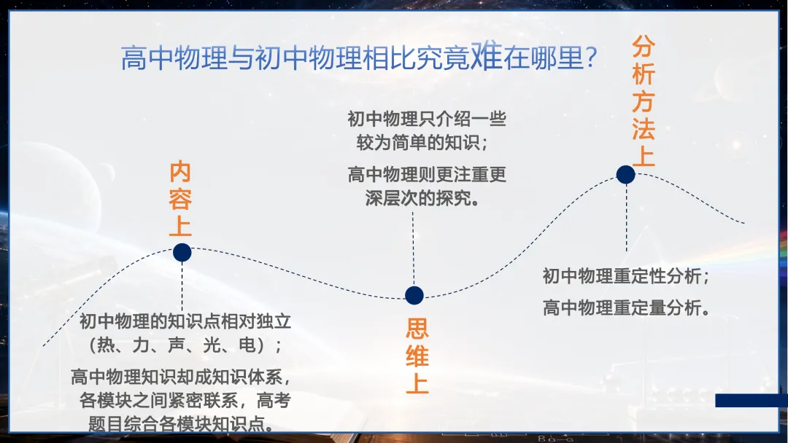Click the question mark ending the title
coord(591,57)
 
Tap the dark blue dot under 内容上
coord(182,252)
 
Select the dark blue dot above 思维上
coord(414,296)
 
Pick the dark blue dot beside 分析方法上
coord(626,175)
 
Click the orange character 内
coord(180,172)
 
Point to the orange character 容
coord(180,199)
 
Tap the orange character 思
coord(417,329)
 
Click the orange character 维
coord(417,356)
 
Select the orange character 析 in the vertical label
coord(644,74)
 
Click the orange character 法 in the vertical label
coord(644,128)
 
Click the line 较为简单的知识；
coord(422,143)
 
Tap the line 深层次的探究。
coord(422,198)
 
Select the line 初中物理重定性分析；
coord(626,276)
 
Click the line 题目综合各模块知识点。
coord(182,424)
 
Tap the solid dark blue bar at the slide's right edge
coord(752,400)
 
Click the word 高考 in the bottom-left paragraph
coord(274,400)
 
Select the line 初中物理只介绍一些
coord(427,119)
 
